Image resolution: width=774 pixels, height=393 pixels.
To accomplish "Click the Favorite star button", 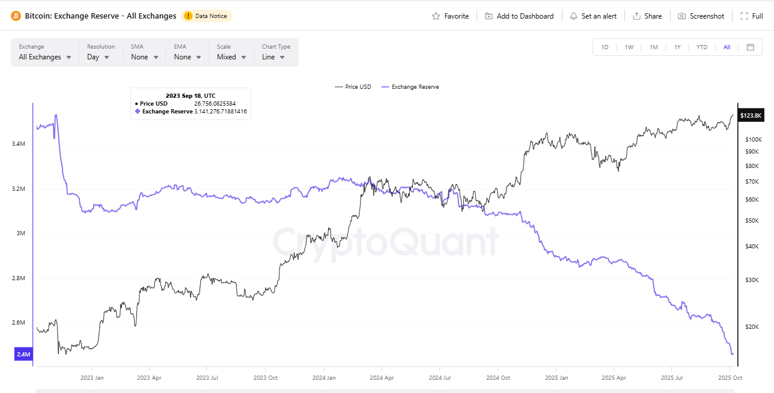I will (450, 16).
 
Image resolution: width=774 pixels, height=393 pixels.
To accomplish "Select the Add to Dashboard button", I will (519, 16).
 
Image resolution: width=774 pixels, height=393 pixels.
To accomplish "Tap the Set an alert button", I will (593, 16).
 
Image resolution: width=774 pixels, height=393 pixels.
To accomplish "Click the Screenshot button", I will (701, 16).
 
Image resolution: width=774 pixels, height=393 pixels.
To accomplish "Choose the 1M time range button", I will (653, 47).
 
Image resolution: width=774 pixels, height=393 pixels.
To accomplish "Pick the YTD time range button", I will (701, 47).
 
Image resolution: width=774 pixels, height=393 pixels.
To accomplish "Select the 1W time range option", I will (629, 47).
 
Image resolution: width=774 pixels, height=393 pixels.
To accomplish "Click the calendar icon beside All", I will (750, 47).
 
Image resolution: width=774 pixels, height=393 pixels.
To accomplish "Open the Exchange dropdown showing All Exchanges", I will (45, 57).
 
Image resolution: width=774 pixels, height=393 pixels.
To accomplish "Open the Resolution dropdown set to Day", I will (98, 57).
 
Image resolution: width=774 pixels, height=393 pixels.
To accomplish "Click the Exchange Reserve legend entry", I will (415, 87).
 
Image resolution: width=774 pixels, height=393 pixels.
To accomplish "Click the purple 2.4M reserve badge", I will (23, 355).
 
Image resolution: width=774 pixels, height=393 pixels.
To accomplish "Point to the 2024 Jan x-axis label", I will (323, 378).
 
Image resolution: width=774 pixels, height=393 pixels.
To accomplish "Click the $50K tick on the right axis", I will (751, 221).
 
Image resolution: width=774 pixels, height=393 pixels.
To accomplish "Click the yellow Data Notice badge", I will (206, 16).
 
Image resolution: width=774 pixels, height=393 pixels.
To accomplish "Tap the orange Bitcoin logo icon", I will (16, 16).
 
